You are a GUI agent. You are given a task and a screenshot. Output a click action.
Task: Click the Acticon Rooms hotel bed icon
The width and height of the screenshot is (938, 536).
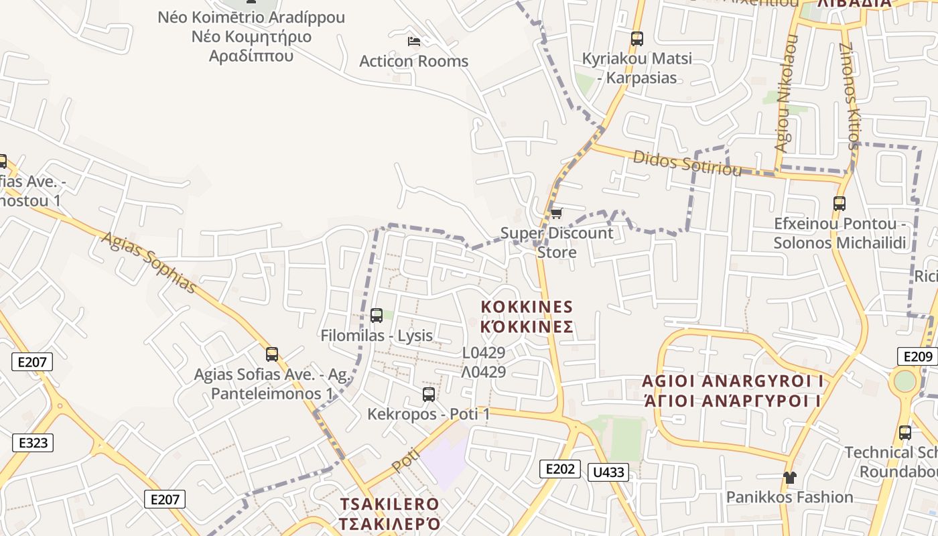[414, 42]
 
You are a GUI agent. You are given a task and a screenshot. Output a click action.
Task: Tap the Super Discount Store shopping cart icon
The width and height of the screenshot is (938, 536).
[556, 214]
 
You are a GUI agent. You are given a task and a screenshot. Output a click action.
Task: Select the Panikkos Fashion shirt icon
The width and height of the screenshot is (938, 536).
[790, 478]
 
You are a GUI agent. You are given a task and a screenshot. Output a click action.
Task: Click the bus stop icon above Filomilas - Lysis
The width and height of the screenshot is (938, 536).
[377, 315]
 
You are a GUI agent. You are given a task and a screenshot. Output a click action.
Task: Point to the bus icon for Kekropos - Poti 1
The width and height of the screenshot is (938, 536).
[429, 395]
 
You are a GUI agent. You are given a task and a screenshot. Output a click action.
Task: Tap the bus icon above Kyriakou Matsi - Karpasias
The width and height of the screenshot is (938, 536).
[636, 39]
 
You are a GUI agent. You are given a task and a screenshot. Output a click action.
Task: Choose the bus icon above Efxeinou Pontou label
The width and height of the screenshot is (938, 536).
[840, 203]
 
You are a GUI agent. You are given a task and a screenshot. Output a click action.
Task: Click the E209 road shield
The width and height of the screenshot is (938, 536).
[917, 356]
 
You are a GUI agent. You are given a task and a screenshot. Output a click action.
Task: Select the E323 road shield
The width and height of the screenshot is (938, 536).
[33, 443]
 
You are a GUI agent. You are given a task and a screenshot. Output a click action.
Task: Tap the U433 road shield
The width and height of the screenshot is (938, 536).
[609, 472]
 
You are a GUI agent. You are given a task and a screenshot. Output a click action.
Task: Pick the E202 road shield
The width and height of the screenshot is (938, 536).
[559, 468]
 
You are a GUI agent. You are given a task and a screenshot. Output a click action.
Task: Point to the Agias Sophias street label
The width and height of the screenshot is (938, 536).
[149, 263]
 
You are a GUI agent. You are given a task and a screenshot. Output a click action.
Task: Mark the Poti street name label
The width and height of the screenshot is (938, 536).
[406, 460]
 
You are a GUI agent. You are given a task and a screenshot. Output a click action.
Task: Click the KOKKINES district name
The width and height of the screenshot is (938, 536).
[527, 308]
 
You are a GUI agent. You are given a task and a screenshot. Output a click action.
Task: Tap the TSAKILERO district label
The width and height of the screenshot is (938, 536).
[389, 504]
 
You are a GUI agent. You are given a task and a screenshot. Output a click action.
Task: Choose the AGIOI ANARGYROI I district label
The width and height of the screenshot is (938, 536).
[732, 381]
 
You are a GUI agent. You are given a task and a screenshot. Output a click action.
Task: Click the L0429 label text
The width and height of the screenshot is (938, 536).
[484, 352]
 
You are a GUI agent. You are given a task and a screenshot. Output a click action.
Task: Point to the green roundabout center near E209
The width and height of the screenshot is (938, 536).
[904, 381]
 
